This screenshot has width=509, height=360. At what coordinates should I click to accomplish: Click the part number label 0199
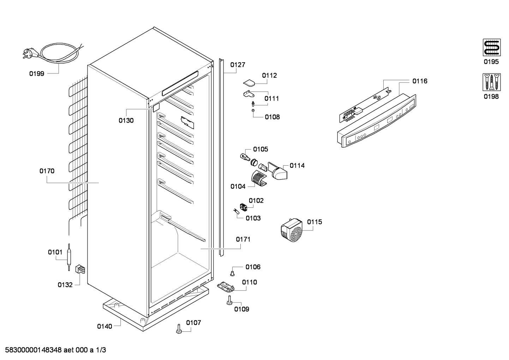click(37, 74)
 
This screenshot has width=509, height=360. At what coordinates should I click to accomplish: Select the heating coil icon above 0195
click(492, 47)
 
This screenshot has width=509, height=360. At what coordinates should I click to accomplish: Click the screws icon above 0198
click(492, 82)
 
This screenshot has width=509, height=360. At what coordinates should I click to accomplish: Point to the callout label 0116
click(420, 81)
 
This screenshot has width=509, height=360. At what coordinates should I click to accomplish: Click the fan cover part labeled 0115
click(292, 230)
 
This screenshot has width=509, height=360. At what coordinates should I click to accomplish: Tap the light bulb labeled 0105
click(245, 157)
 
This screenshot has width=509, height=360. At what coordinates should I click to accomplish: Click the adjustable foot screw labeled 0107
click(179, 329)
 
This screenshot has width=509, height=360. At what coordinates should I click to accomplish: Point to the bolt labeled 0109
click(229, 300)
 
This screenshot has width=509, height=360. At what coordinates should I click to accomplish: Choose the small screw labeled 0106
click(232, 273)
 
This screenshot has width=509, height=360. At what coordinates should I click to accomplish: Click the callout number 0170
click(47, 171)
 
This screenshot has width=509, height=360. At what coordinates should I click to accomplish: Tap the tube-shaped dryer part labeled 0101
click(68, 257)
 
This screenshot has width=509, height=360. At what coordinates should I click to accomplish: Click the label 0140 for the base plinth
click(104, 326)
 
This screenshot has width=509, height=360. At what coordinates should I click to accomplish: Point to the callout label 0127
click(238, 65)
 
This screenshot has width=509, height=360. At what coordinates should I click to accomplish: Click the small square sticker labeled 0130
click(156, 107)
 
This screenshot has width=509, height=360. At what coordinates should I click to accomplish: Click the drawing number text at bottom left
click(55, 350)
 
